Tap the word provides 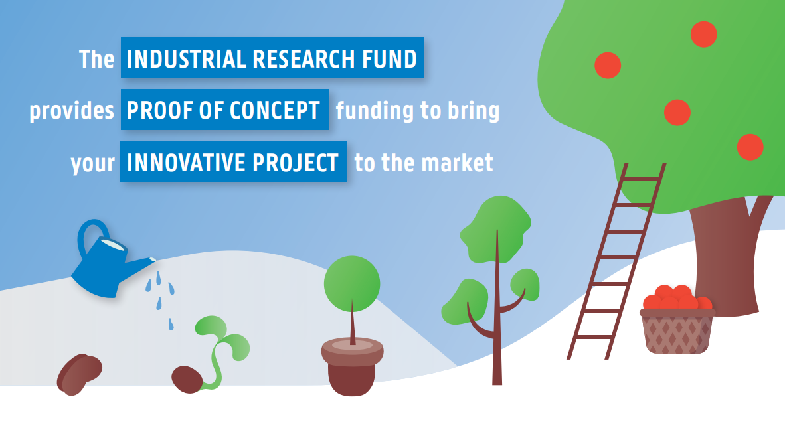tap(72, 111)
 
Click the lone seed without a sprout tap(79, 374)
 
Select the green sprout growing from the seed tap(220, 345)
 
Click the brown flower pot tap(353, 368)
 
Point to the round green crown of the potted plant tap(352, 284)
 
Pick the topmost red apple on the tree tap(703, 34)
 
